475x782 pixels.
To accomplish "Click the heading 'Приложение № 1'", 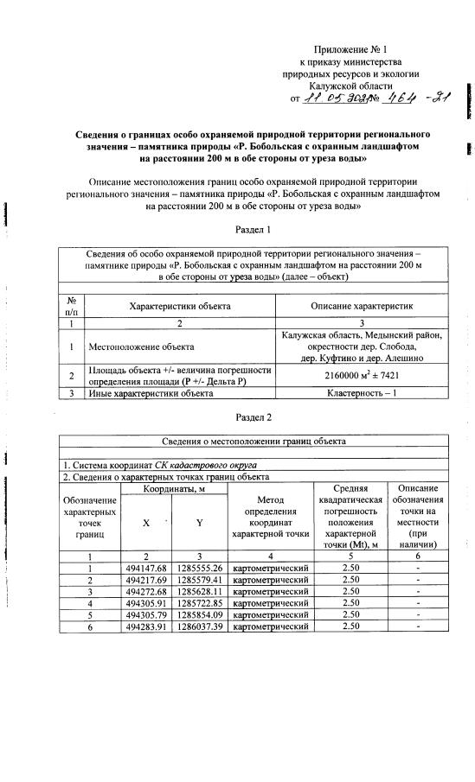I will pos(350,49).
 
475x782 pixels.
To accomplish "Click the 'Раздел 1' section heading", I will pos(254,230).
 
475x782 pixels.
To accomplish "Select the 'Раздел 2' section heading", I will pos(254,417).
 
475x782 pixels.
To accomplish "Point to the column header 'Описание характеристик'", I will pos(363,307).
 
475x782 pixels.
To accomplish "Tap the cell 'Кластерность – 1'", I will pos(363,394).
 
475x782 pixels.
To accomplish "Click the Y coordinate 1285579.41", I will pos(200,580).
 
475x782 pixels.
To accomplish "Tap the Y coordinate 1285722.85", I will pos(200,602).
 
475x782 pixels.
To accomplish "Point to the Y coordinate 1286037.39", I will pos(200,626).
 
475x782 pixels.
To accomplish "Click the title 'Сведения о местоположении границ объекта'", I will pos(254,441).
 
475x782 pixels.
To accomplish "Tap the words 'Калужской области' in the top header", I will pos(348,86).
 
